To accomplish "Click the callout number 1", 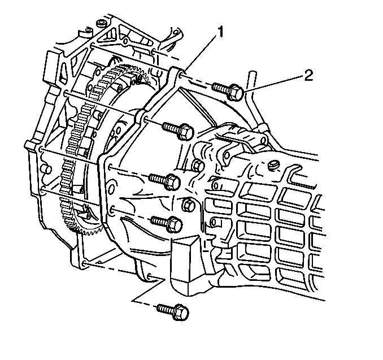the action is click(220, 33).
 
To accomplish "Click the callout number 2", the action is click(308, 76).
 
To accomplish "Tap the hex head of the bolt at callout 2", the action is click(236, 92).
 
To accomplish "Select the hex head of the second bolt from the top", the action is click(186, 132).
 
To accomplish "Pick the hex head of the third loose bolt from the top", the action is click(173, 181).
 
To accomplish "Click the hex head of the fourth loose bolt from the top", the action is click(175, 224).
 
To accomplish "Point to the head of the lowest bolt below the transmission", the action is click(181, 312).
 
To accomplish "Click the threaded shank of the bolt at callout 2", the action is click(220, 88).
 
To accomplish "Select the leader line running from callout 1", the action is click(201, 53).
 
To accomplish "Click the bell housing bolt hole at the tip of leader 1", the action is click(181, 74).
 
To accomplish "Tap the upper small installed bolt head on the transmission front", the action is click(198, 166).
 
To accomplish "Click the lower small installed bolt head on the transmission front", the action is click(189, 205).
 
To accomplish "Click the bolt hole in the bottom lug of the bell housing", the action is click(149, 276).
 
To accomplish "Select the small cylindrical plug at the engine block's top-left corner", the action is click(101, 24).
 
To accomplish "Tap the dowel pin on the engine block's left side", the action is click(46, 168).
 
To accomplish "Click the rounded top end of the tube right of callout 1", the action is click(252, 73).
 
